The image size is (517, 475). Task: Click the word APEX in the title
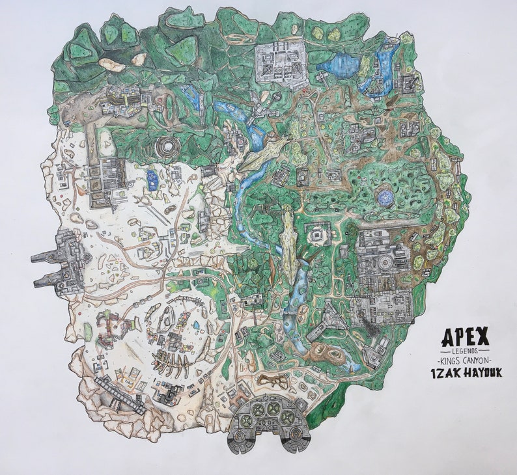click(465, 336)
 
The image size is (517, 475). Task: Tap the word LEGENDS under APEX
click(465, 351)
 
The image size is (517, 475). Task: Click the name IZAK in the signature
click(453, 372)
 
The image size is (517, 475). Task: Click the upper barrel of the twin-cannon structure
click(47, 258)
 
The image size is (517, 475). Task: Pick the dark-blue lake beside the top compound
click(336, 64)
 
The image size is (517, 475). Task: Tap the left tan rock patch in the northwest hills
click(111, 64)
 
